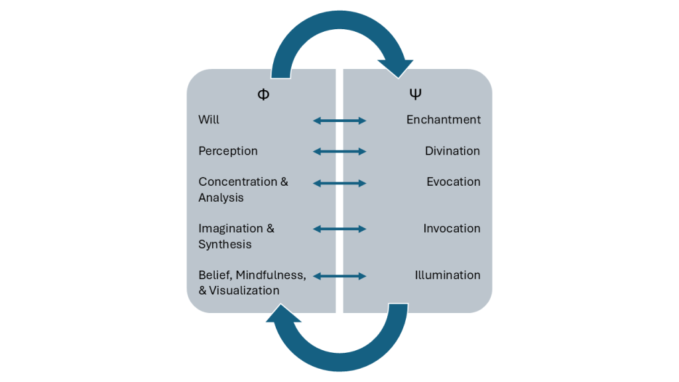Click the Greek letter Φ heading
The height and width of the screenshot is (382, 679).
pos(263,94)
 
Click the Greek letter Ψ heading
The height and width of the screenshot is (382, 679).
pos(415,94)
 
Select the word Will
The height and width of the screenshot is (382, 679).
pos(209,120)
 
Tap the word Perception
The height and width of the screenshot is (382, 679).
pos(228,151)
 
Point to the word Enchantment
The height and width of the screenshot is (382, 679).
pos(444,120)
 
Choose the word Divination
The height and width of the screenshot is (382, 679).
pos(452,151)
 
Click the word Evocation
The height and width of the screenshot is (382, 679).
pos(454,182)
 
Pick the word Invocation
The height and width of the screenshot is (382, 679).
pos(452,229)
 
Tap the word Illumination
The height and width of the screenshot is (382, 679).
pos(448,275)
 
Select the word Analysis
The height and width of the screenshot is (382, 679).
pos(221,198)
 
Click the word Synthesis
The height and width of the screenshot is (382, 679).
pos(225,245)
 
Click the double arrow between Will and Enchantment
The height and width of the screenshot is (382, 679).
pos(339,121)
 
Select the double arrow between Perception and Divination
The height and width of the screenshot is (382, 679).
pos(339,152)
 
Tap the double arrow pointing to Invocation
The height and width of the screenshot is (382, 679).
pos(339,229)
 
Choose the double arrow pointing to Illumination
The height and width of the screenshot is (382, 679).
pos(339,276)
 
